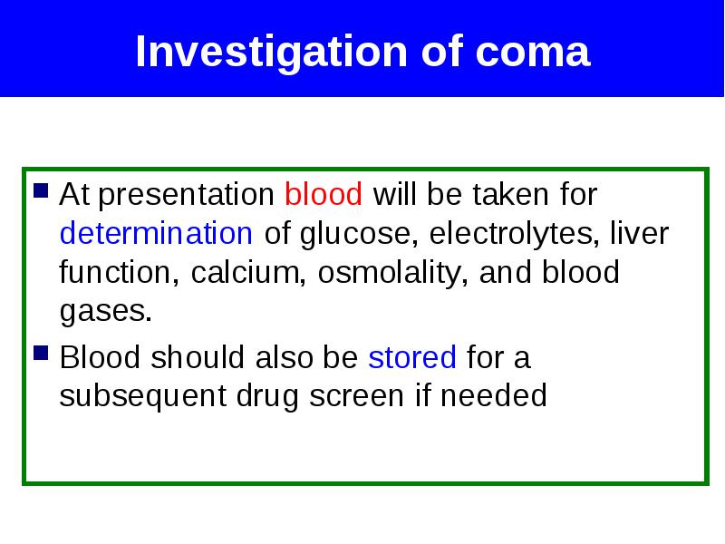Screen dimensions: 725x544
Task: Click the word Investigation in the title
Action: click(271, 52)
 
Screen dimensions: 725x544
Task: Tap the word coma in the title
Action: click(533, 52)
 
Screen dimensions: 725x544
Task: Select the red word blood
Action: click(324, 194)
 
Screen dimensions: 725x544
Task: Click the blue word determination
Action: click(156, 233)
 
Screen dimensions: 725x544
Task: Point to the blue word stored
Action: click(412, 357)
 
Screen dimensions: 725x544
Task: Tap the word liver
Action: click(640, 233)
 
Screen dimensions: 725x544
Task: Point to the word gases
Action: click(106, 312)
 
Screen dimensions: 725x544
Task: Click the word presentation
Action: click(187, 195)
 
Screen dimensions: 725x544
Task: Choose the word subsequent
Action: click(143, 396)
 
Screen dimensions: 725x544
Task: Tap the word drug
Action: click(267, 396)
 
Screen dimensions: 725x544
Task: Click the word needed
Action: click(493, 395)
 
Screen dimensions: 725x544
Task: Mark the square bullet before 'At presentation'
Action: click(41, 190)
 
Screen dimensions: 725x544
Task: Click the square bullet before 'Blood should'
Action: click(41, 353)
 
